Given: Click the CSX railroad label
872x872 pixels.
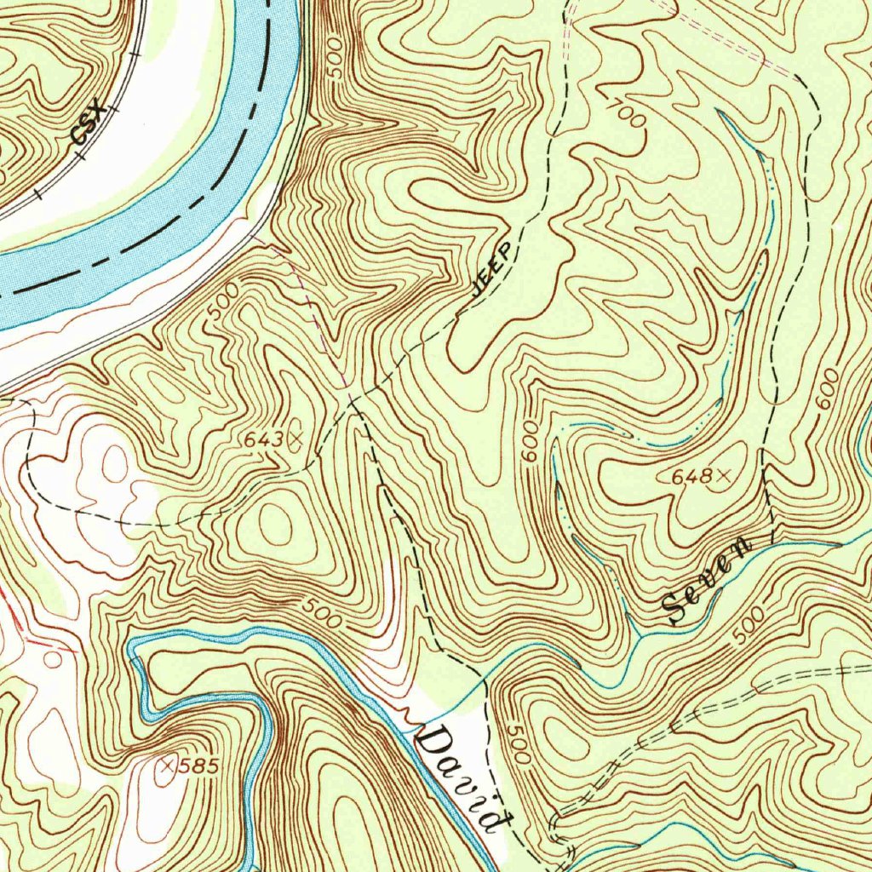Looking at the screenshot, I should [89, 122].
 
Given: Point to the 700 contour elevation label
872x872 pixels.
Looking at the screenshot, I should [627, 113].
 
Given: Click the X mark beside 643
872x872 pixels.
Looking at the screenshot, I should [295, 439].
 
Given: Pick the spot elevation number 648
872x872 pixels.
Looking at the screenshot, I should [691, 478].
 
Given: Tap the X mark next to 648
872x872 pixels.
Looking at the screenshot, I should [724, 476].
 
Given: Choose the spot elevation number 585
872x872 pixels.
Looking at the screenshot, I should [199, 766].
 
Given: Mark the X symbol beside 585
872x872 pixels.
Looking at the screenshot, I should [167, 766].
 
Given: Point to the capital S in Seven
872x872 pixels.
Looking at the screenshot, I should [679, 607].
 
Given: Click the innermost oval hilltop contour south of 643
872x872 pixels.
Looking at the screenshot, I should [275, 522].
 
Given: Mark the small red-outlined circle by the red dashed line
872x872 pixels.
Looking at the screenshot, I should [53, 658].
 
